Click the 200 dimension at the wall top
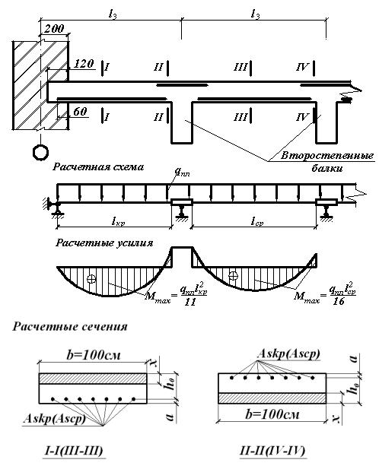click(55, 28)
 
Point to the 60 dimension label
click(80, 112)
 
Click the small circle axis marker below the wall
click(40, 152)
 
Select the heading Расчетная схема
click(98, 166)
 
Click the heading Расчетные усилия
click(104, 243)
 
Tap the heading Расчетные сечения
click(70, 326)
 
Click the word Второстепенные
click(327, 156)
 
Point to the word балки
click(327, 168)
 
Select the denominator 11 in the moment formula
click(190, 302)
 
